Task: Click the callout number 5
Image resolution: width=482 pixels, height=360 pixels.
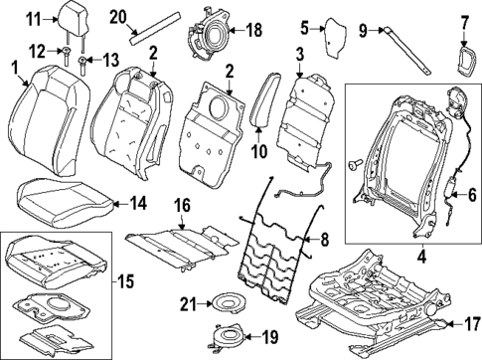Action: point(305,27)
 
